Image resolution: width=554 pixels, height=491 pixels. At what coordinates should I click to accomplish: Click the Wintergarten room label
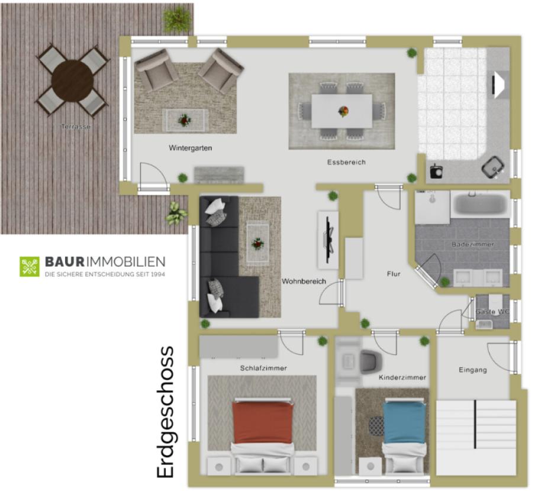191,148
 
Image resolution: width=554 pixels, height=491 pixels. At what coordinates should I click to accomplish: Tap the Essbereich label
346,163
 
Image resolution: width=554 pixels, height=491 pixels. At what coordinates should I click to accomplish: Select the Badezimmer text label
473,244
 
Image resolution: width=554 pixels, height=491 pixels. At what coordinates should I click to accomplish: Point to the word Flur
394,274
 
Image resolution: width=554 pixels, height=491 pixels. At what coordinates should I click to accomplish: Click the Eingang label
473,370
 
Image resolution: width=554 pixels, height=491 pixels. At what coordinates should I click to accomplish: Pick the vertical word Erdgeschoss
165,412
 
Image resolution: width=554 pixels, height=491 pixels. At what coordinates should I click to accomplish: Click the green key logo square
30,266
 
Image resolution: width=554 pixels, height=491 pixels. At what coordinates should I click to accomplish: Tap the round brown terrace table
72,81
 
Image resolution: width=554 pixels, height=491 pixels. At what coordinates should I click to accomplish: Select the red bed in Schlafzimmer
263,423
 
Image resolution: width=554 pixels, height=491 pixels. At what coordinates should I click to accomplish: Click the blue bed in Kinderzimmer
404,422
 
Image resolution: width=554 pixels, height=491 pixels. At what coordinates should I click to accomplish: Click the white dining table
342,111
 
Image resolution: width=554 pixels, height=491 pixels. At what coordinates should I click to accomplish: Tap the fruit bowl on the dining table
343,111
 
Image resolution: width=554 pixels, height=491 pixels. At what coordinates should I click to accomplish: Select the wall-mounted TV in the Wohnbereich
329,240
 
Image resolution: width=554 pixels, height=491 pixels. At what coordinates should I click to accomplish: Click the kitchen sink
493,166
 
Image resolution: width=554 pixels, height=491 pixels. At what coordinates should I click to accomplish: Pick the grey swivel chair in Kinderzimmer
371,361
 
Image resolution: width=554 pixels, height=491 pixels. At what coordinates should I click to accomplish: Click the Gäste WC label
492,312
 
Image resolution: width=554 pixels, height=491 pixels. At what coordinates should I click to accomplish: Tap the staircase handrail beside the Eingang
475,424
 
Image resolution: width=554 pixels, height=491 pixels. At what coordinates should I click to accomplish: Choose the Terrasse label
76,127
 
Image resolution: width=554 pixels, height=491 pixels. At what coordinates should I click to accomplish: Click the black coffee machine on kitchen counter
436,171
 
